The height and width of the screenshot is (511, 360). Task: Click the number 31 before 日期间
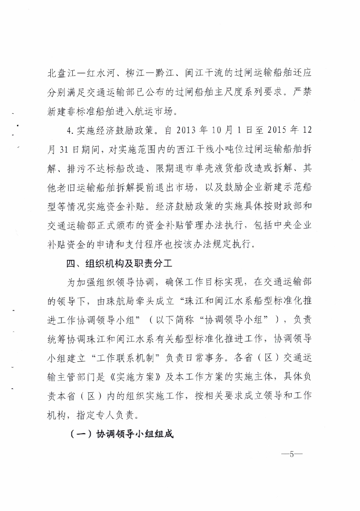coord(65,150)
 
